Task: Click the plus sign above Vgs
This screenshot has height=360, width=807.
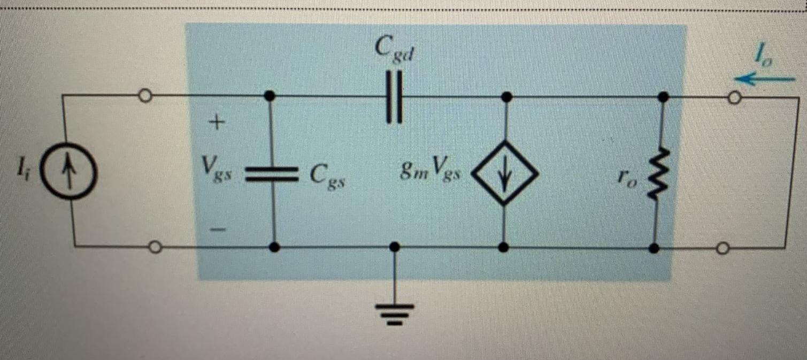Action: click(x=215, y=124)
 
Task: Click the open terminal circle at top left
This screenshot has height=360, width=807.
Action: click(x=144, y=96)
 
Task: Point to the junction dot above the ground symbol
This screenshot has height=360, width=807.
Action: click(x=395, y=247)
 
